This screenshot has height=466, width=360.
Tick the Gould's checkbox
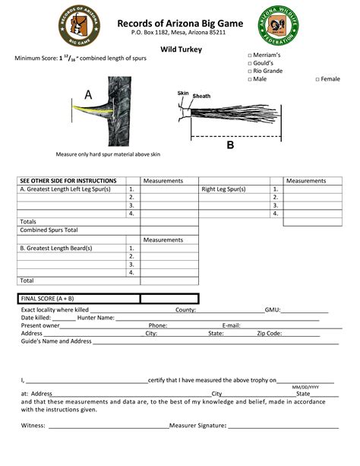click(251, 65)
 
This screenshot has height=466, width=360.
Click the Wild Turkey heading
click(179, 49)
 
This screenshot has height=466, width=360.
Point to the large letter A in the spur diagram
click(88, 95)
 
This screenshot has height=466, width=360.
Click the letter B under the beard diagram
click(230, 145)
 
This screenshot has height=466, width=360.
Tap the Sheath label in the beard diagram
click(201, 97)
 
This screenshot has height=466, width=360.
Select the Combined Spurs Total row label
click(49, 230)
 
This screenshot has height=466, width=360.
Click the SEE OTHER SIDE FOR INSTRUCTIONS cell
click(68, 181)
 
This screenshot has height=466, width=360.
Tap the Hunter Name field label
click(95, 318)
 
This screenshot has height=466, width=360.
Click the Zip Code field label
click(270, 333)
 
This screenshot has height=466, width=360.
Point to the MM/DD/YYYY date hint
click(305, 387)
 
